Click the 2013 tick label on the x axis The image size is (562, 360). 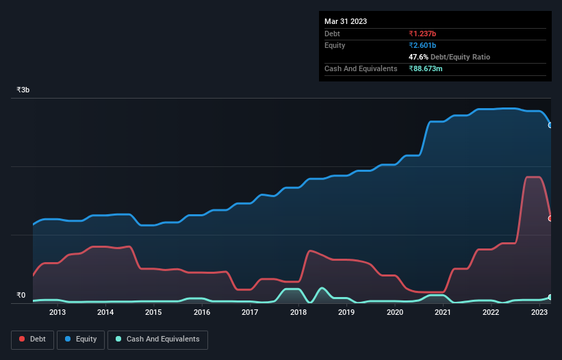click(x=58, y=313)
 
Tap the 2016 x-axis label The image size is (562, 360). click(x=202, y=313)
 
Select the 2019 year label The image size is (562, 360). click(x=346, y=313)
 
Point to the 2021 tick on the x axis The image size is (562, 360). click(x=443, y=313)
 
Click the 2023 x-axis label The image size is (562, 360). click(x=539, y=313)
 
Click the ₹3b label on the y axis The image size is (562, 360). click(x=23, y=90)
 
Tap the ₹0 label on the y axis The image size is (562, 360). click(x=21, y=296)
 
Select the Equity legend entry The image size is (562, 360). click(x=81, y=339)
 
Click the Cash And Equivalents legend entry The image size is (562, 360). click(x=157, y=339)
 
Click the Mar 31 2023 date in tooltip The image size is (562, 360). click(x=346, y=21)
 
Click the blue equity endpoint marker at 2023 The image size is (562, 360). click(x=550, y=125)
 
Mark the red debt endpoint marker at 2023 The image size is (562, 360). click(x=550, y=218)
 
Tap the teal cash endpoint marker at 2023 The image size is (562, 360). click(x=550, y=297)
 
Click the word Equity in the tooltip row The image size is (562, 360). click(x=335, y=45)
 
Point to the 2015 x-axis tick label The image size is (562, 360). click(x=154, y=313)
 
